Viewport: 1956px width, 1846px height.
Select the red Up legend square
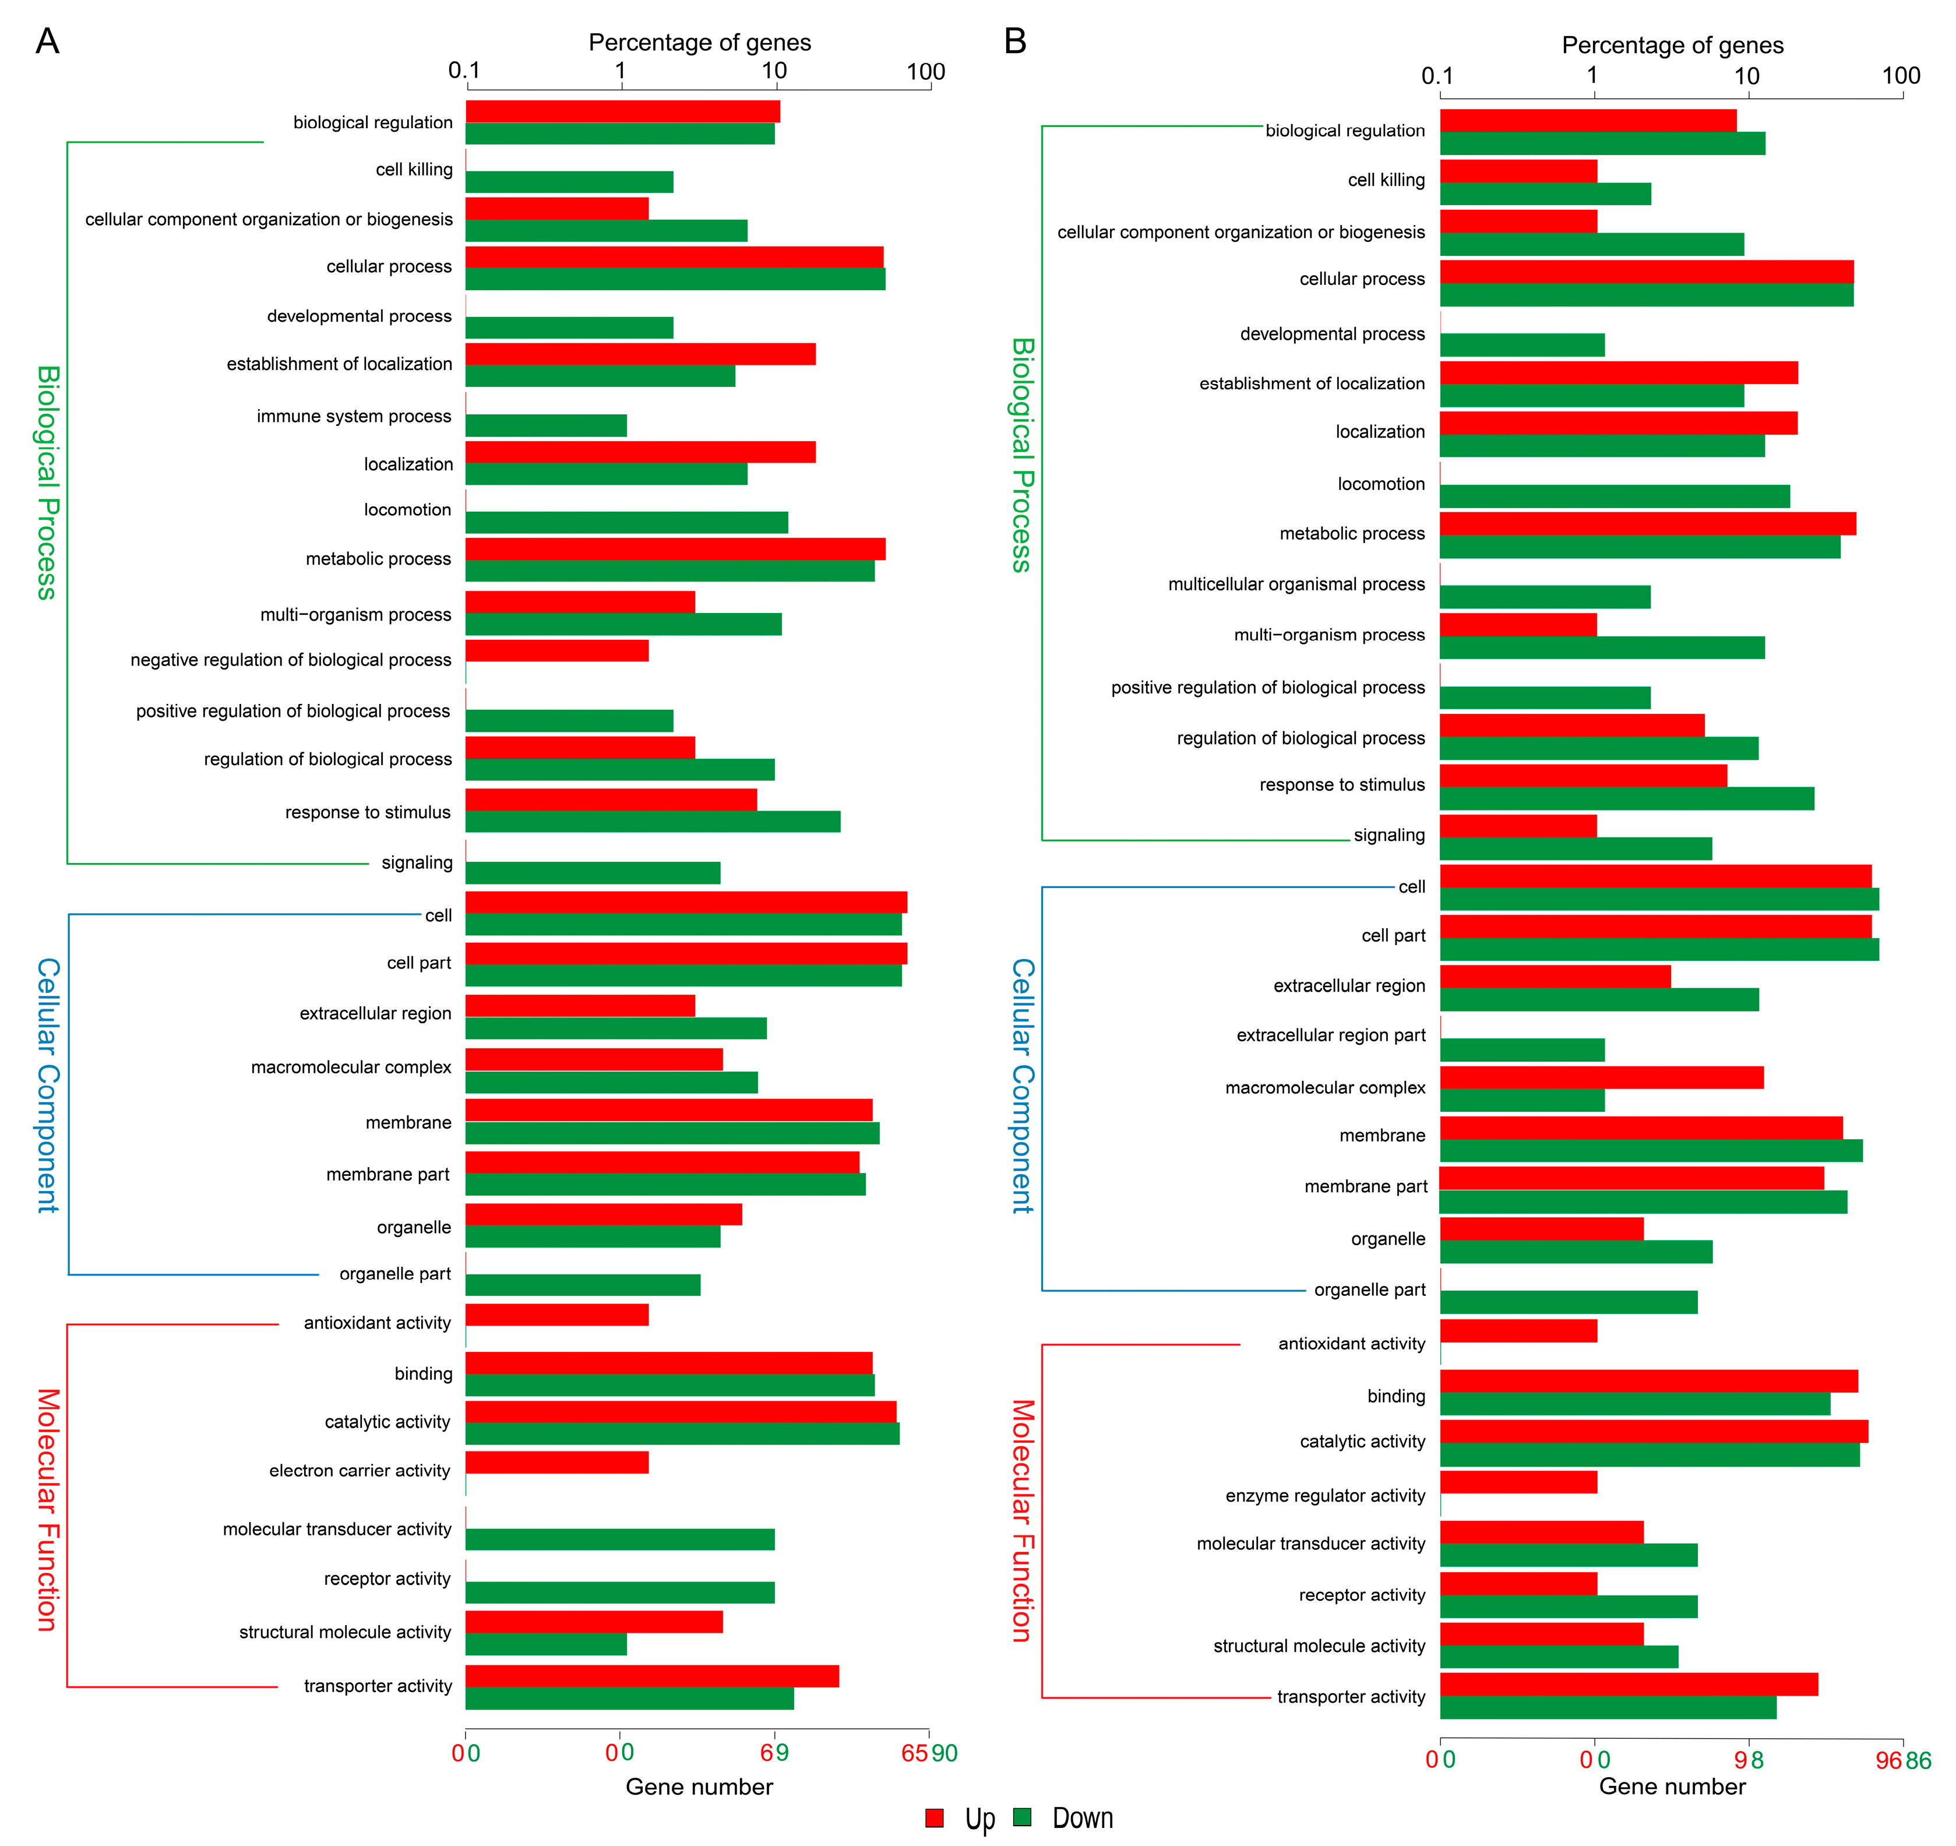pos(934,1817)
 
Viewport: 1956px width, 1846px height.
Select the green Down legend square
pos(1022,1817)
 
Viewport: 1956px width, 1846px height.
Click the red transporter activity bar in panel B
pos(1629,1683)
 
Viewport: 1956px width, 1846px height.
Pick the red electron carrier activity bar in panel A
pos(557,1462)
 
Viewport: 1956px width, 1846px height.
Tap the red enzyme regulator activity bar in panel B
pos(1518,1482)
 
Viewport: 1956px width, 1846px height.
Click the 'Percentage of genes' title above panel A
pos(700,43)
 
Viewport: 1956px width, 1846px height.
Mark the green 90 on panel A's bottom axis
pos(944,1753)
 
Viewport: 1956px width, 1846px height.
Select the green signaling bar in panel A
pos(593,873)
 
